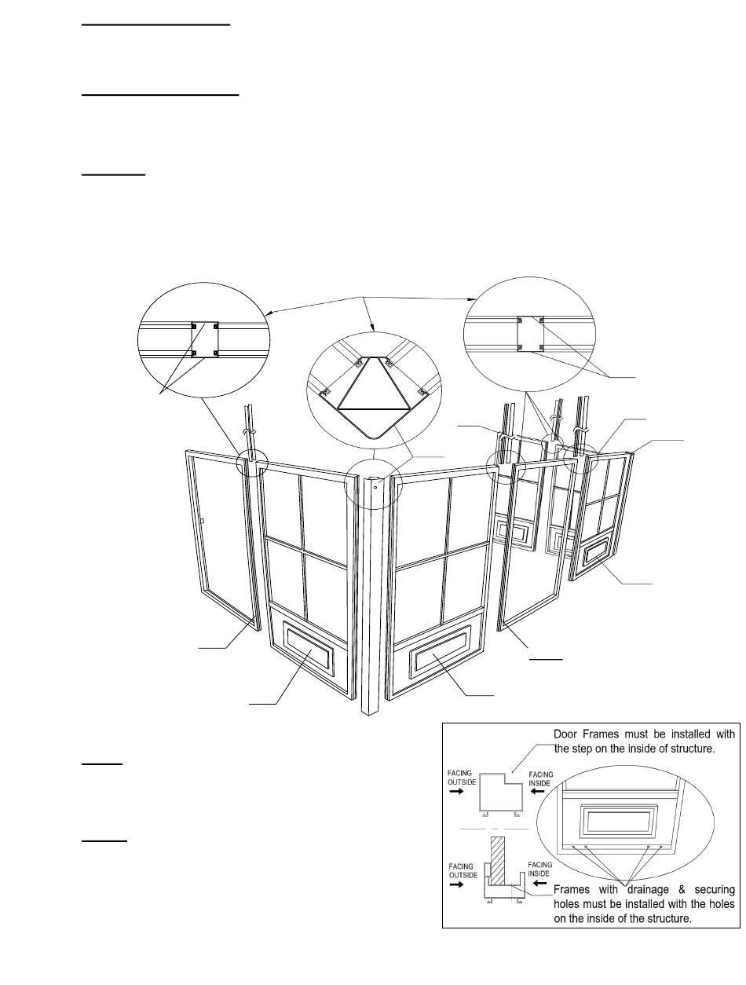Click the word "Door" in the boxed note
[565, 734]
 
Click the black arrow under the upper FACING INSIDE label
[537, 792]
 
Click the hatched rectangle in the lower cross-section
[498, 860]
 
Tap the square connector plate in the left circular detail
[204, 339]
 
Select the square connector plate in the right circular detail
[530, 333]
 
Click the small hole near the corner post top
[375, 486]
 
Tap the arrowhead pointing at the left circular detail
[270, 313]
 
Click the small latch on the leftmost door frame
[203, 521]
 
